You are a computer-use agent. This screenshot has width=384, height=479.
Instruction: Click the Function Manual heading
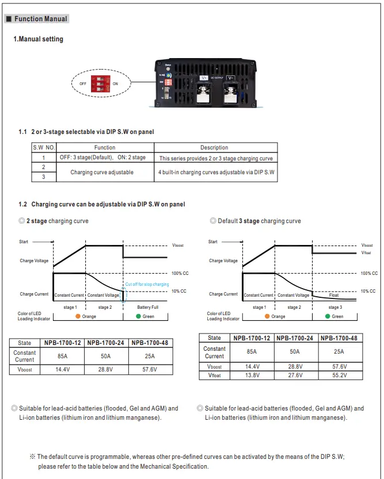tap(40, 19)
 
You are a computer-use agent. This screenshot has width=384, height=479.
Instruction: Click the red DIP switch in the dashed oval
tap(100, 83)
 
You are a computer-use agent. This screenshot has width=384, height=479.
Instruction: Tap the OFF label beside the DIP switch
tap(83, 84)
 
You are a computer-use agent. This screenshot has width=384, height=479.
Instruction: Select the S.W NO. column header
tap(44, 147)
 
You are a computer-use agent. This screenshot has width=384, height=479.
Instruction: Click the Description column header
tap(214, 147)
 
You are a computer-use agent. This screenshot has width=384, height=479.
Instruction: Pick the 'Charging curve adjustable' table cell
tap(102, 172)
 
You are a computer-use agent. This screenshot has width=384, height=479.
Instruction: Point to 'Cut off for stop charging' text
tap(147, 284)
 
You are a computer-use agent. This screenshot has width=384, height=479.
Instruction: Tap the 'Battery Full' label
tap(148, 308)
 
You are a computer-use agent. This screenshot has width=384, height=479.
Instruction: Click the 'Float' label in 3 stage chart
tap(334, 295)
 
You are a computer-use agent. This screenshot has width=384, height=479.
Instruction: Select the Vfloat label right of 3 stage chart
tap(367, 252)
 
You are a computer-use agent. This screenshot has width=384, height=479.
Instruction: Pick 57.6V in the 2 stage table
tap(150, 369)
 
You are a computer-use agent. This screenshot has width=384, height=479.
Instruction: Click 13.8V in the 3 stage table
tap(252, 375)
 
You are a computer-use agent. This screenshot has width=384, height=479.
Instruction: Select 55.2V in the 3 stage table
tap(339, 375)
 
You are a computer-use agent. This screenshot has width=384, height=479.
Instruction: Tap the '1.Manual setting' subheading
tap(38, 39)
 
